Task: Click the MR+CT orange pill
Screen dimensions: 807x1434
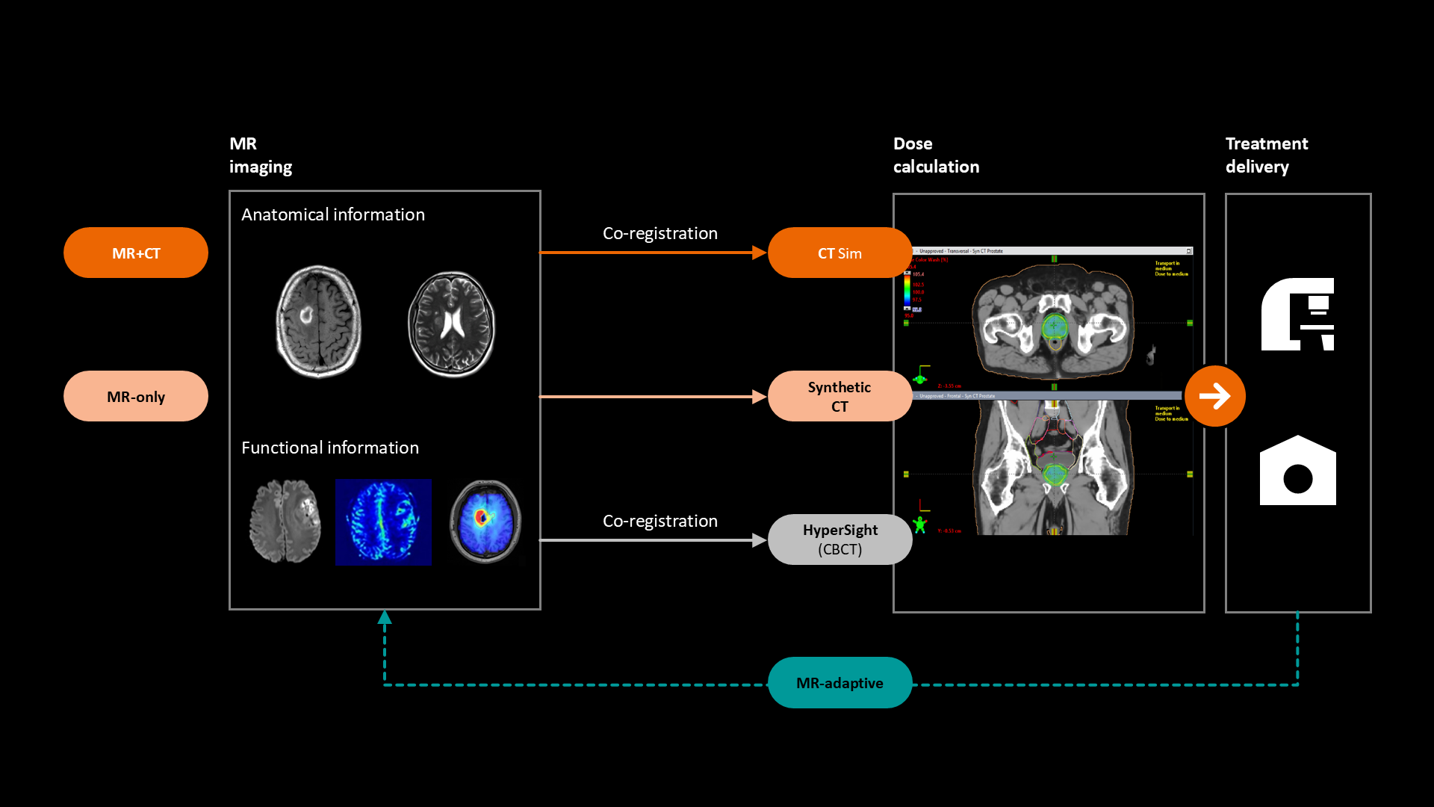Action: (135, 253)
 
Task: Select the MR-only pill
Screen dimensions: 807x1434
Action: (135, 396)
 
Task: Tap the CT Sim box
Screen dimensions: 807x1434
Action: (839, 253)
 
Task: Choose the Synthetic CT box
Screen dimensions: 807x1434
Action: (839, 396)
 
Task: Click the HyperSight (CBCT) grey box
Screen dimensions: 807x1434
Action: (839, 539)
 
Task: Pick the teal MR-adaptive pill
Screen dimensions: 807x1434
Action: (839, 683)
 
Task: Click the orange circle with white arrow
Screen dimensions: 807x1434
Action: (1214, 396)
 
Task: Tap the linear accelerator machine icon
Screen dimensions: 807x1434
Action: (1297, 314)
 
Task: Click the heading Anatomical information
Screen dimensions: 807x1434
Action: (333, 214)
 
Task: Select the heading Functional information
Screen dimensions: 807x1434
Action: (330, 448)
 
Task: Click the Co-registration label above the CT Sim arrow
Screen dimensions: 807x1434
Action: (659, 233)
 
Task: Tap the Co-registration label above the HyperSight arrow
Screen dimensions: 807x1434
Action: (659, 521)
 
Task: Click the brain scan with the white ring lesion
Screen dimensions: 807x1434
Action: (319, 321)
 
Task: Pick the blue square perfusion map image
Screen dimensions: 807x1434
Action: (383, 522)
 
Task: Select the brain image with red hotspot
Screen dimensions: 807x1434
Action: (485, 521)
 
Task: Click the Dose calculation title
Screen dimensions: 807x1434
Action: (936, 155)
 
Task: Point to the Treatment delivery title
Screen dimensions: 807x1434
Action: (1266, 155)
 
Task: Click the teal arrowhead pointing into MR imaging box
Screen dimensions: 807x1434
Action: (385, 617)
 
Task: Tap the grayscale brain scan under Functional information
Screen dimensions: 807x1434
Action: (285, 521)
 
